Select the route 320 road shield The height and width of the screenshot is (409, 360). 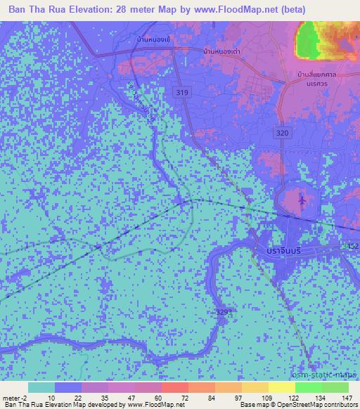283,132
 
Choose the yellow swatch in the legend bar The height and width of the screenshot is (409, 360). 281,387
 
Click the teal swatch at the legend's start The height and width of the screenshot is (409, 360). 41,387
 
